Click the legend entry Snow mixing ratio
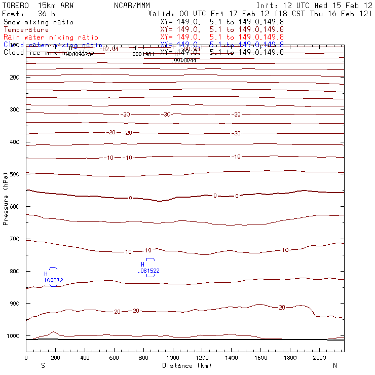pos(39,22)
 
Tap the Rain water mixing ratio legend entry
pos(51,37)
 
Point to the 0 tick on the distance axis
pos(26,357)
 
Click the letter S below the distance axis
pos(43,365)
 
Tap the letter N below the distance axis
pos(334,365)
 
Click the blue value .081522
pos(149,271)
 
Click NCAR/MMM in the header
pos(132,6)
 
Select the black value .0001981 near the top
pos(143,54)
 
